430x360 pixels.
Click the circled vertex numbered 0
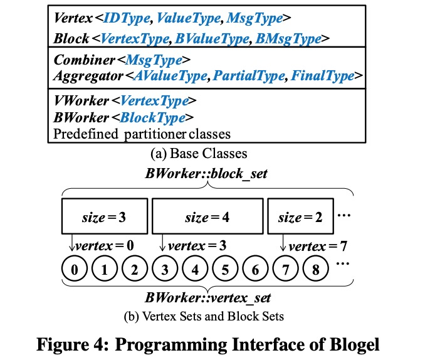[x=75, y=271]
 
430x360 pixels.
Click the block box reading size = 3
[x=105, y=218]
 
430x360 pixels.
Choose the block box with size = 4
[x=206, y=218]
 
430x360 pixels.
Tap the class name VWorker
[x=79, y=100]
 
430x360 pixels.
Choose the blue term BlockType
[x=156, y=117]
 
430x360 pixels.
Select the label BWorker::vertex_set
[x=207, y=297]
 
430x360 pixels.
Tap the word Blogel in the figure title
[x=349, y=344]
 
